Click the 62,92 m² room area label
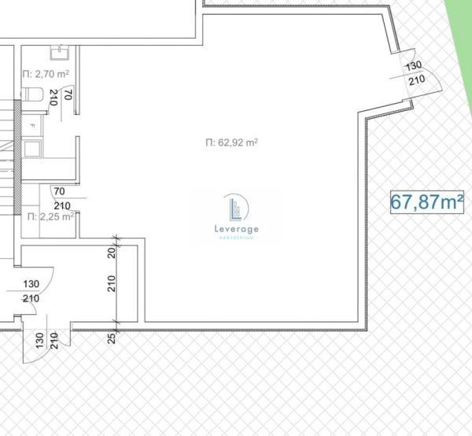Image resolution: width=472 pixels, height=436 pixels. (x=231, y=142)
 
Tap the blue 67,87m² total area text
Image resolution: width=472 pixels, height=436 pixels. (x=427, y=201)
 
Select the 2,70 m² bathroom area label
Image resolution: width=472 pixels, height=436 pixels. (x=46, y=74)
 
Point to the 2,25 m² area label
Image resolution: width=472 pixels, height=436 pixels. (x=50, y=216)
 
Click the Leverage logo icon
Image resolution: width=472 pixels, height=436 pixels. (x=236, y=208)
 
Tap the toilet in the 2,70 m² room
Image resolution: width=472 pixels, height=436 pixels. (x=31, y=95)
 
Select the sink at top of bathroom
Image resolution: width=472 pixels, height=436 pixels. (x=59, y=52)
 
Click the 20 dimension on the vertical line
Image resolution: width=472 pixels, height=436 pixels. (x=111, y=253)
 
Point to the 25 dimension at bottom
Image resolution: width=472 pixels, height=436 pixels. (x=111, y=338)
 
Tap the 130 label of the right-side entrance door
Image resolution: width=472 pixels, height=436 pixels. (x=415, y=66)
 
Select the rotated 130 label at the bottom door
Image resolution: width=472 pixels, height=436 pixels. (x=39, y=341)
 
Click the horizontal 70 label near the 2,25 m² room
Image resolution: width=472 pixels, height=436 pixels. (x=59, y=190)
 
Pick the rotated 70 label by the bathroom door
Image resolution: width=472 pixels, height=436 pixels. (x=68, y=96)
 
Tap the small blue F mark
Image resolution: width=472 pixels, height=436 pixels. (x=32, y=126)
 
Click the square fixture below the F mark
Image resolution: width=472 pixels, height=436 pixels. (x=33, y=147)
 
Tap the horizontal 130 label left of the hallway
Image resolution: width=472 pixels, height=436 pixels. (x=31, y=284)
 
